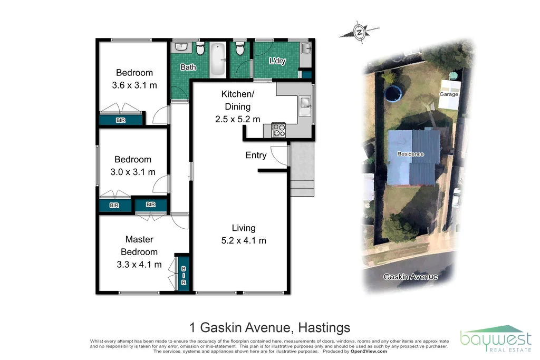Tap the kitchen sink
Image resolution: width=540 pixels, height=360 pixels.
305,104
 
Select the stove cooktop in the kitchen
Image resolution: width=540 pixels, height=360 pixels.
278,129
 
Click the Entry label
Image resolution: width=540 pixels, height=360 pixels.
256,155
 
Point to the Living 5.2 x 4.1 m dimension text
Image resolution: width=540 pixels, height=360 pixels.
244,241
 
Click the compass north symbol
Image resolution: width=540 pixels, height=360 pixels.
359,33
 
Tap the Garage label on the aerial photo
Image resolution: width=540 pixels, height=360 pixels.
449,94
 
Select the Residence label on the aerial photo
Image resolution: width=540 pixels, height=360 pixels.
410,154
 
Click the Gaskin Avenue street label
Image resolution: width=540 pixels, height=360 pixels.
410,277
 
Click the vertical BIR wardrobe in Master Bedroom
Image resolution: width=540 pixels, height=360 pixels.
183,272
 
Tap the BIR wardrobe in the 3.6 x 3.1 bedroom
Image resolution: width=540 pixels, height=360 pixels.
121,120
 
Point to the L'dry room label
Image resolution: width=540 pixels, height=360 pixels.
277,61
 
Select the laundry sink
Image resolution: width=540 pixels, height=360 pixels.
307,49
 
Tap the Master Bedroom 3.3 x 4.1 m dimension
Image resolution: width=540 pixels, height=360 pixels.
139,265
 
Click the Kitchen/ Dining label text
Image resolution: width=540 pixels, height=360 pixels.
237,106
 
